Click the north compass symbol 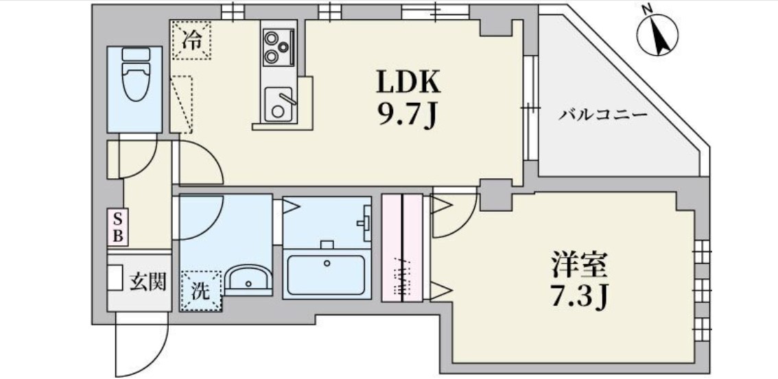tap(657, 35)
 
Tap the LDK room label tap(407, 84)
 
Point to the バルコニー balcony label tap(602, 114)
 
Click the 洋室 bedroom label tap(579, 265)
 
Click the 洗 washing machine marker tap(200, 291)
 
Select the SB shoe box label tap(117, 228)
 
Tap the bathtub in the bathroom tap(326, 275)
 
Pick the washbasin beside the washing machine tap(248, 280)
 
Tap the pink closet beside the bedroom tap(402, 248)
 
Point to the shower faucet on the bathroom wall tap(365, 221)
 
